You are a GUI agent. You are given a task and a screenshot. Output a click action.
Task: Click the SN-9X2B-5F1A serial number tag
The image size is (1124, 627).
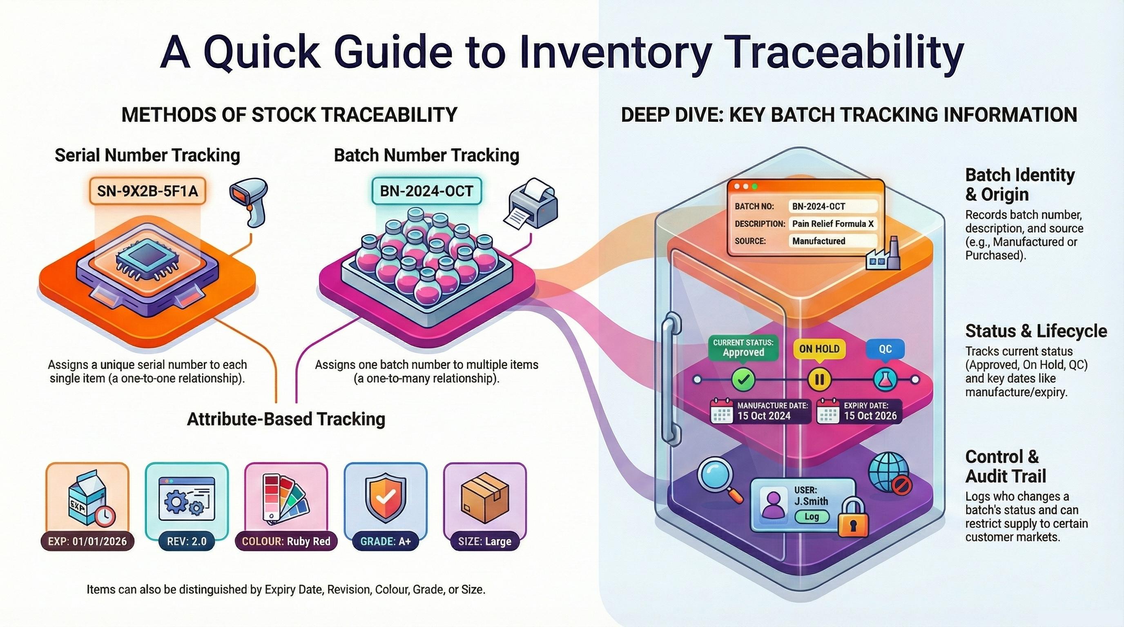pyautogui.click(x=147, y=191)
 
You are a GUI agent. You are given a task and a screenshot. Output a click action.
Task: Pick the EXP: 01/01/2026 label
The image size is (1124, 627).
pyautogui.click(x=87, y=542)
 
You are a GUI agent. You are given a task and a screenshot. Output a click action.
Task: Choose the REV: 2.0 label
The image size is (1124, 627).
pyautogui.click(x=187, y=542)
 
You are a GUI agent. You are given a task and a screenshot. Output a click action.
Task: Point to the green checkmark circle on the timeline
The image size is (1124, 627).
pyautogui.click(x=743, y=379)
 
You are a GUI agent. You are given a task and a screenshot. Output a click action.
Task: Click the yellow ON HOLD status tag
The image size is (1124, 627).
pyautogui.click(x=819, y=349)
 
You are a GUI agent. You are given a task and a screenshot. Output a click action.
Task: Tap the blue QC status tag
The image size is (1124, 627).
pyautogui.click(x=885, y=349)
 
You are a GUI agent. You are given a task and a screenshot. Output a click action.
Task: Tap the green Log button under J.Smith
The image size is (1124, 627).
pyautogui.click(x=811, y=517)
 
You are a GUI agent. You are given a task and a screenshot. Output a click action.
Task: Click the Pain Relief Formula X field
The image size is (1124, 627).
pyautogui.click(x=832, y=224)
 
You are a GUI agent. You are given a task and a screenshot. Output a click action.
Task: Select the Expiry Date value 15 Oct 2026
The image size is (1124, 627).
pyautogui.click(x=870, y=416)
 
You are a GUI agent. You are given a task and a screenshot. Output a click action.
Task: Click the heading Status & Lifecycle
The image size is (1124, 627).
pyautogui.click(x=1036, y=331)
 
